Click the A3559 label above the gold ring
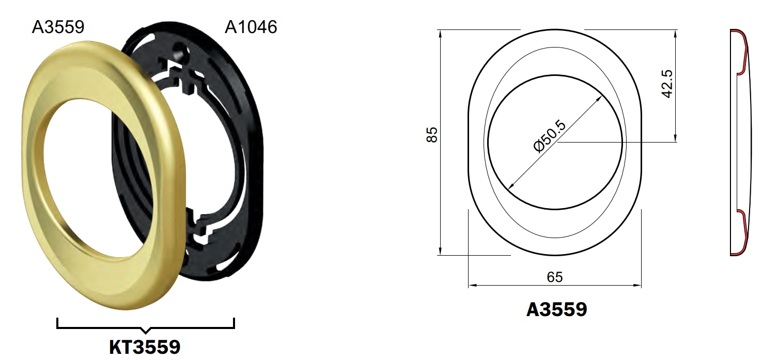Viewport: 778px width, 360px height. pyautogui.click(x=58, y=27)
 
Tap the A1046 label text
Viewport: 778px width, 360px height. pyautogui.click(x=251, y=27)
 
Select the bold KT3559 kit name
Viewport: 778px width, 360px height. pyautogui.click(x=145, y=347)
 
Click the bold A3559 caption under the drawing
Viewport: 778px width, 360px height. pyautogui.click(x=556, y=309)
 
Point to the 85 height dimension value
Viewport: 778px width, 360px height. pyautogui.click(x=432, y=135)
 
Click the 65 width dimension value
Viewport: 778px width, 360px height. pyautogui.click(x=555, y=277)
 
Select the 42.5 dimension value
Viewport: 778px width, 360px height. pyautogui.click(x=667, y=84)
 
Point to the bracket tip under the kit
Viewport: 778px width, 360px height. pyautogui.click(x=146, y=332)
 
